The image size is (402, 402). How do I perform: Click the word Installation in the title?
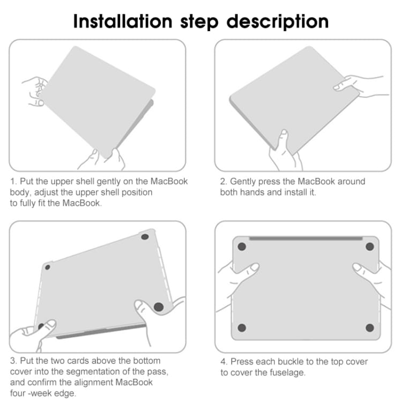[123, 21]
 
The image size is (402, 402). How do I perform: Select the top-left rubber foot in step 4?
[242, 247]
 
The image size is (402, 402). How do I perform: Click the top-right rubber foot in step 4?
[370, 247]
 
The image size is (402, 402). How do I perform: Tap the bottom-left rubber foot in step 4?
[242, 327]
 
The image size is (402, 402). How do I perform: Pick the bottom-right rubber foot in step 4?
[370, 327]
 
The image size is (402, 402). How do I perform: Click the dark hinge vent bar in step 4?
[306, 239]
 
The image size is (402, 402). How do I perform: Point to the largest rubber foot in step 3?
[159, 307]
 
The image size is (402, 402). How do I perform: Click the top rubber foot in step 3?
[145, 237]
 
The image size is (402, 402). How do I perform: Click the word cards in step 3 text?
[78, 361]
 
